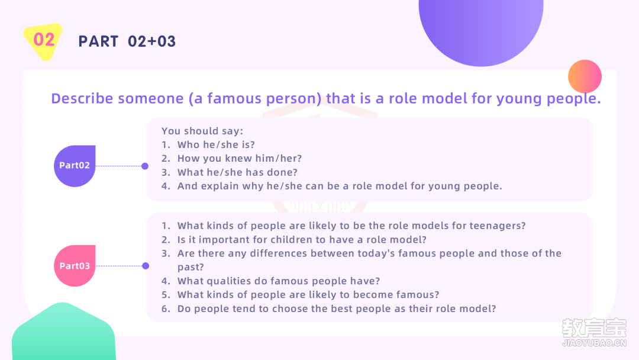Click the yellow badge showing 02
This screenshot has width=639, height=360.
pos(43,41)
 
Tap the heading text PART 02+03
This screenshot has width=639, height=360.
pos(127,41)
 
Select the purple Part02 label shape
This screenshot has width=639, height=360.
pos(75,166)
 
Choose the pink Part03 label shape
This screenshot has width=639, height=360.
pos(75,266)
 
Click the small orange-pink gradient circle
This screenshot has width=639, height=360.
pos(585,76)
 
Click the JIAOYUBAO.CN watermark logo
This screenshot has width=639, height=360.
pos(594,332)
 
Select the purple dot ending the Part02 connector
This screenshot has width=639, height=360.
pos(145,166)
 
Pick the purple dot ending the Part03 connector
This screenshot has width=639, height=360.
pos(146,266)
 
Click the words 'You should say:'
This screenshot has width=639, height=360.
pos(202,131)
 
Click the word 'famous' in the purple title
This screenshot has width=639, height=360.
pos(234,98)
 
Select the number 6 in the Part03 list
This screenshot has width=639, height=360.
pos(164,308)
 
